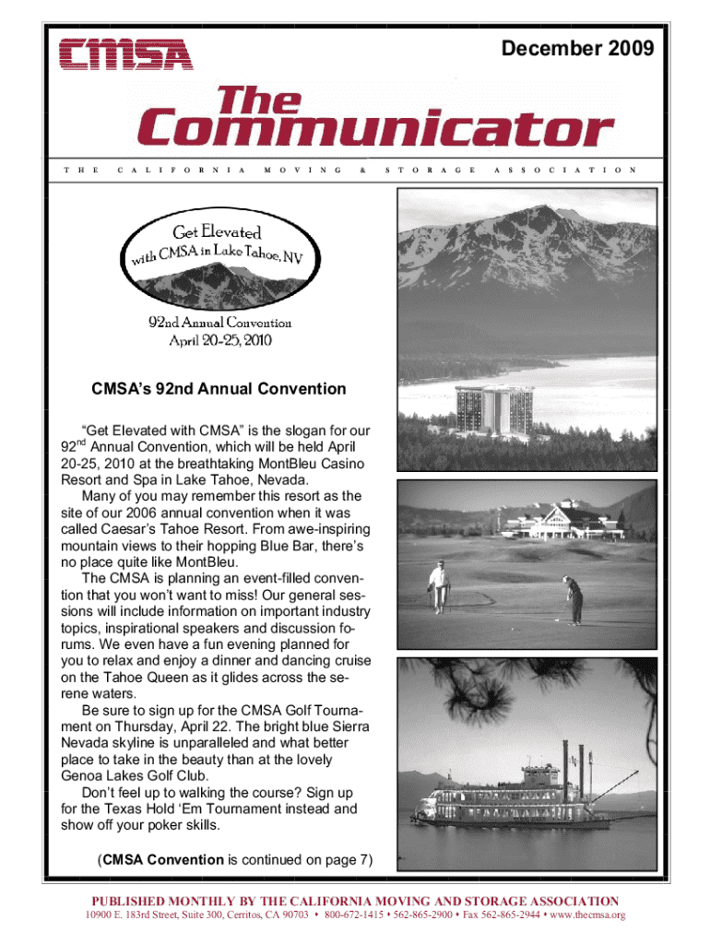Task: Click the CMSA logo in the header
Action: tap(125, 53)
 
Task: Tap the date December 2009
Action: tap(578, 47)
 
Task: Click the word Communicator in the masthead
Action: tap(375, 131)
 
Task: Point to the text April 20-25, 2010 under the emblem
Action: tap(220, 338)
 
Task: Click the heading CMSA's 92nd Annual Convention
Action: tap(219, 389)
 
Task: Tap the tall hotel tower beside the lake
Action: tap(494, 413)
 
